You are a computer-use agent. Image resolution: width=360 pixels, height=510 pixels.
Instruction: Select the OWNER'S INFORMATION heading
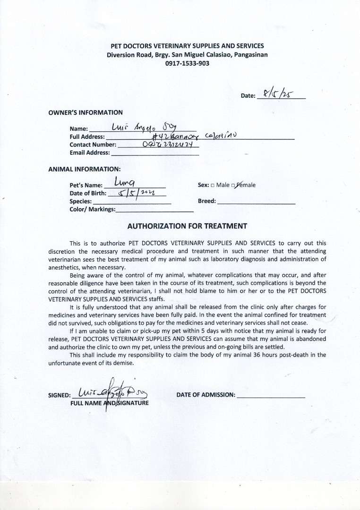[x=86, y=112]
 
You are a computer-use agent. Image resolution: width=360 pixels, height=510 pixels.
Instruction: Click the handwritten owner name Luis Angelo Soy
[x=140, y=127]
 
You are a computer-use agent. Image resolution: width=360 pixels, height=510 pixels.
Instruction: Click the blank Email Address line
[x=154, y=153]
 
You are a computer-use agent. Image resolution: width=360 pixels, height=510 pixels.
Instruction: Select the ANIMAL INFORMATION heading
[x=84, y=169]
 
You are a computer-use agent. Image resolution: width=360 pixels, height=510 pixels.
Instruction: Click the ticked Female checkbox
[x=233, y=185]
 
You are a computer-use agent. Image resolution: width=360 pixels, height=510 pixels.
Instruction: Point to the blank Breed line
[x=257, y=201]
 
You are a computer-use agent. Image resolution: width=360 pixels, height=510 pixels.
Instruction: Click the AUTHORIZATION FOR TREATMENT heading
[x=187, y=226]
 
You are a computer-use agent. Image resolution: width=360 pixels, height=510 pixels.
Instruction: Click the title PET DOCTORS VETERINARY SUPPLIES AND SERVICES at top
[x=187, y=46]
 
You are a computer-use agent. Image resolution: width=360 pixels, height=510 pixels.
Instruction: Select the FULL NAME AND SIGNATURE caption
[x=109, y=403]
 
